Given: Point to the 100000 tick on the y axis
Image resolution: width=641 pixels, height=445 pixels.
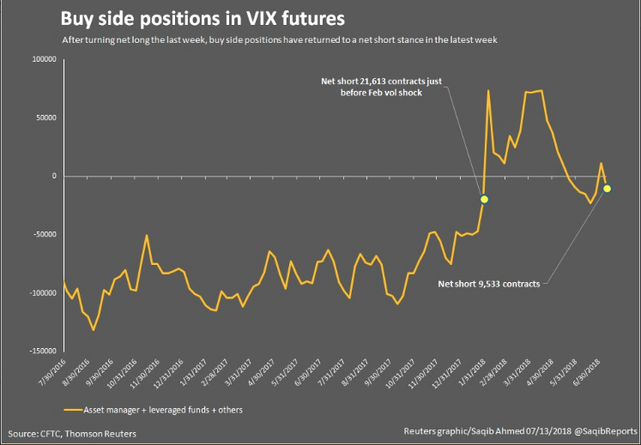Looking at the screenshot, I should pos(42,60).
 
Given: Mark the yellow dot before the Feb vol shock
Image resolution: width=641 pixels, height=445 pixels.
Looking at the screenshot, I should pos(485,199).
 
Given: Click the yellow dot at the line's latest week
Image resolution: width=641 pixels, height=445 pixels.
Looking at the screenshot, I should pos(608,188).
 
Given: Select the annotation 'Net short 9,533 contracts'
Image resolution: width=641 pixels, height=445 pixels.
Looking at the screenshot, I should pos(489,283).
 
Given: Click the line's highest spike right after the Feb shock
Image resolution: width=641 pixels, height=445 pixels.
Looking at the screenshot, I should pos(488,90).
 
